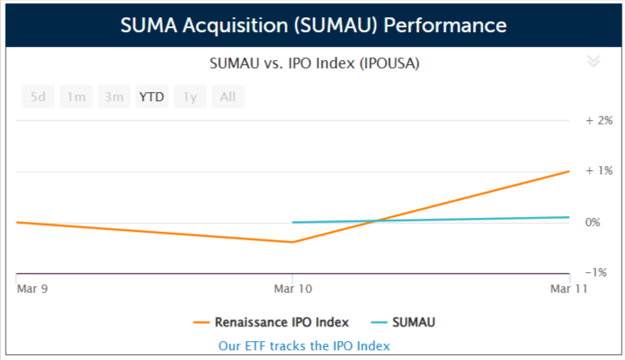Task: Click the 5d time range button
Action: point(38,97)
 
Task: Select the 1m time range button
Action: point(76,97)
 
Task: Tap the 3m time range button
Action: point(113,97)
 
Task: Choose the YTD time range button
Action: point(151,97)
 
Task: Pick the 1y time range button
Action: point(190,97)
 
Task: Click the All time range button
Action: point(228,97)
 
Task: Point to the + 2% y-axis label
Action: point(600,120)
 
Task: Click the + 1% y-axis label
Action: point(600,171)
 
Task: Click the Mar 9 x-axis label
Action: point(32,288)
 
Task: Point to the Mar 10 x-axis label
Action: point(292,288)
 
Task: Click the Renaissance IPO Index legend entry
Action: point(271,322)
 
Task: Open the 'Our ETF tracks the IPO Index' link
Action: point(304,346)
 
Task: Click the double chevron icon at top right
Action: point(594,62)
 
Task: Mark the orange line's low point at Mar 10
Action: point(292,242)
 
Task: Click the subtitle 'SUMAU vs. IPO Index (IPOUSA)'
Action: point(315,63)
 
